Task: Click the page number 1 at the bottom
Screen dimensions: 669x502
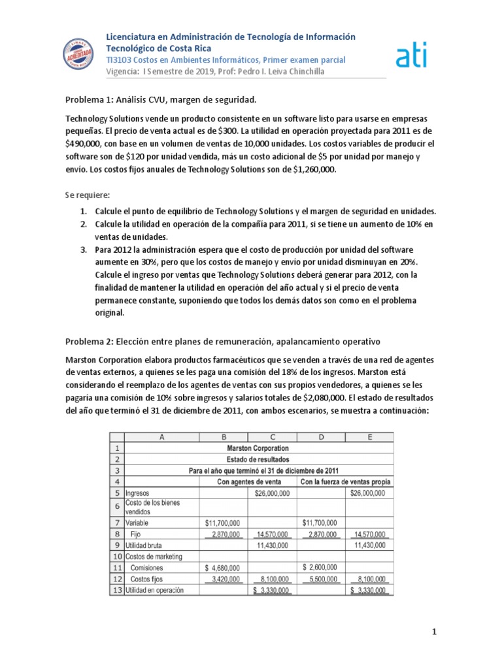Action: (434, 632)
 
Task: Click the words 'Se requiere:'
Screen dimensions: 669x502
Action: (88, 195)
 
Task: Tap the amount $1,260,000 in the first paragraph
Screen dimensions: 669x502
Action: (309, 169)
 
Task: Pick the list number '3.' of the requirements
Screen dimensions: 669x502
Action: (84, 250)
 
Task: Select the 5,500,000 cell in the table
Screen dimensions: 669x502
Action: (320, 579)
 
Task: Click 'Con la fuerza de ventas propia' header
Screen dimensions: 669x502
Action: (346, 482)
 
